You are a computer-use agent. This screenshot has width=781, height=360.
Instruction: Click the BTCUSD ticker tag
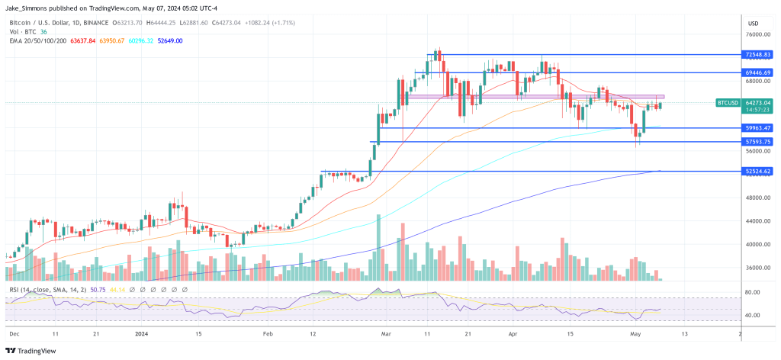click(x=728, y=103)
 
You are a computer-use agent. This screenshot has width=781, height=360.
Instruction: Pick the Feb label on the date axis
click(x=267, y=333)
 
